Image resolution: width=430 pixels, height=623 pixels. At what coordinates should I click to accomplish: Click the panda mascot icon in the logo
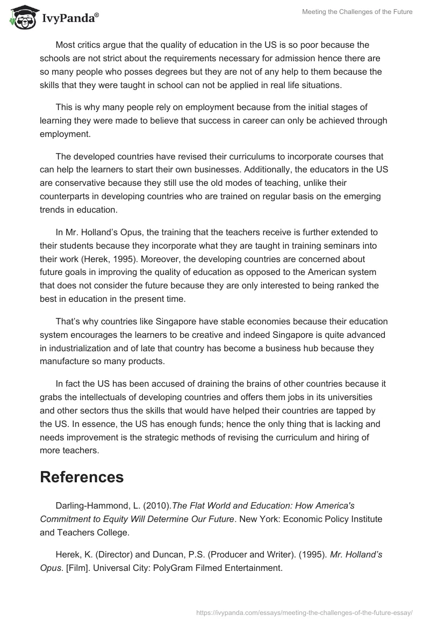click(x=21, y=18)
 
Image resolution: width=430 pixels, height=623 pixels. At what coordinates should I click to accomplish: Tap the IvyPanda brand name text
click(x=69, y=18)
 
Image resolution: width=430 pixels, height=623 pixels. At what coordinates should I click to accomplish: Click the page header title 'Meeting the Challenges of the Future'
click(x=350, y=12)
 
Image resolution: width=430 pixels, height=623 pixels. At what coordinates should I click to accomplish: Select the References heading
click(x=82, y=477)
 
